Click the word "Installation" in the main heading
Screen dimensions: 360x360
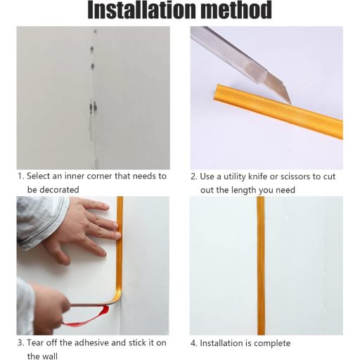tap(142, 11)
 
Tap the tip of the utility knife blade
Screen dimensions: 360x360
tap(290, 103)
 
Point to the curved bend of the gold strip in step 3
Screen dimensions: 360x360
tap(116, 297)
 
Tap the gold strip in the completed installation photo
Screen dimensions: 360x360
tap(261, 266)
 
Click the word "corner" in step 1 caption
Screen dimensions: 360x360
tap(94, 176)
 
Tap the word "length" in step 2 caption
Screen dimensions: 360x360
tap(243, 191)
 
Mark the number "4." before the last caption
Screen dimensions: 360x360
tap(194, 343)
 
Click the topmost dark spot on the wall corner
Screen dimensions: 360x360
tap(95, 31)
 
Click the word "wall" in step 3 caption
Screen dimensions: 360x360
tap(49, 356)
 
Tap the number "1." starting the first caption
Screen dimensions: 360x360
tap(21, 176)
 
